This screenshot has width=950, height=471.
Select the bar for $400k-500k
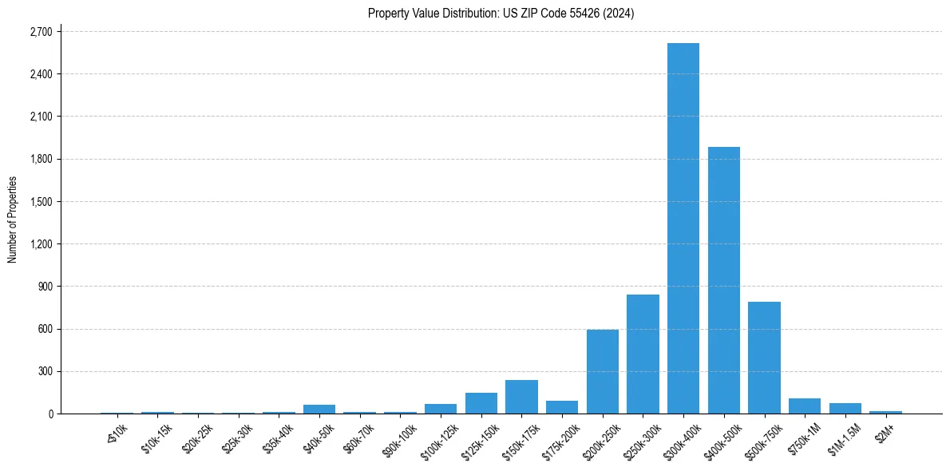[724, 280]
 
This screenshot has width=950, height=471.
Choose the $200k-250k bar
[603, 371]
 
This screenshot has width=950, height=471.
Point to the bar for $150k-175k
[521, 397]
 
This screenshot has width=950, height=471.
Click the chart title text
[501, 14]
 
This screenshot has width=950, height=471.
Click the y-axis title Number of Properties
[13, 220]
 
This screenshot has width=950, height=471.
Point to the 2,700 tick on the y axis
[40, 32]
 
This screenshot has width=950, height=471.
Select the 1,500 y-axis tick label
[40, 202]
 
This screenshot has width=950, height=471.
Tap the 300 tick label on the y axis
[44, 372]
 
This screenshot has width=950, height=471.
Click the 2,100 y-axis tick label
[40, 117]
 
